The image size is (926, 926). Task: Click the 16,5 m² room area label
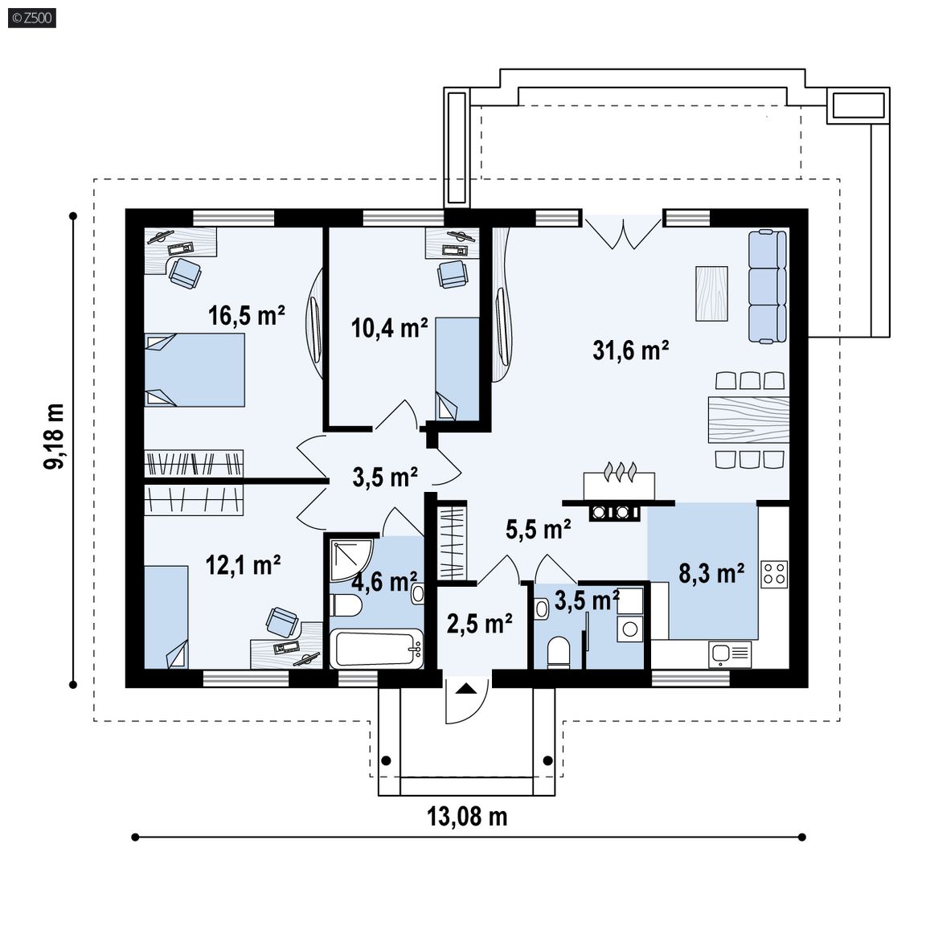(247, 315)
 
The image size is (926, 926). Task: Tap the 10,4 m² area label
(389, 328)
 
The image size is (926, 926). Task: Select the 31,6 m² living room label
(631, 350)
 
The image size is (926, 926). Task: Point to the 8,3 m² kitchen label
(711, 573)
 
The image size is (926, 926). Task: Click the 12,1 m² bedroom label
(243, 565)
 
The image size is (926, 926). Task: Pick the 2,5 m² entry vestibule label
(479, 623)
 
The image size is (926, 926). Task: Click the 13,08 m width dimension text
(467, 817)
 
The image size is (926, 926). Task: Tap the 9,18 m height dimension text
(54, 436)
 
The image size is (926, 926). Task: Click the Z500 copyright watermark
(32, 18)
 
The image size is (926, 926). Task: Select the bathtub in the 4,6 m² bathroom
(376, 649)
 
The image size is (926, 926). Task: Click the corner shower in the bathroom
(350, 559)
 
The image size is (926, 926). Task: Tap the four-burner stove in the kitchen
(774, 573)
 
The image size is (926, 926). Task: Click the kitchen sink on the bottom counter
(730, 654)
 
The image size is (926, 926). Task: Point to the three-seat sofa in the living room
(768, 286)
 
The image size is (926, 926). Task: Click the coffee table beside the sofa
(711, 293)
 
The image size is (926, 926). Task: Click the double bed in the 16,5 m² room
(195, 370)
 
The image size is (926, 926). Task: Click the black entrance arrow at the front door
(466, 688)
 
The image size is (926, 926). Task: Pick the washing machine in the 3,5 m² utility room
(630, 629)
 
